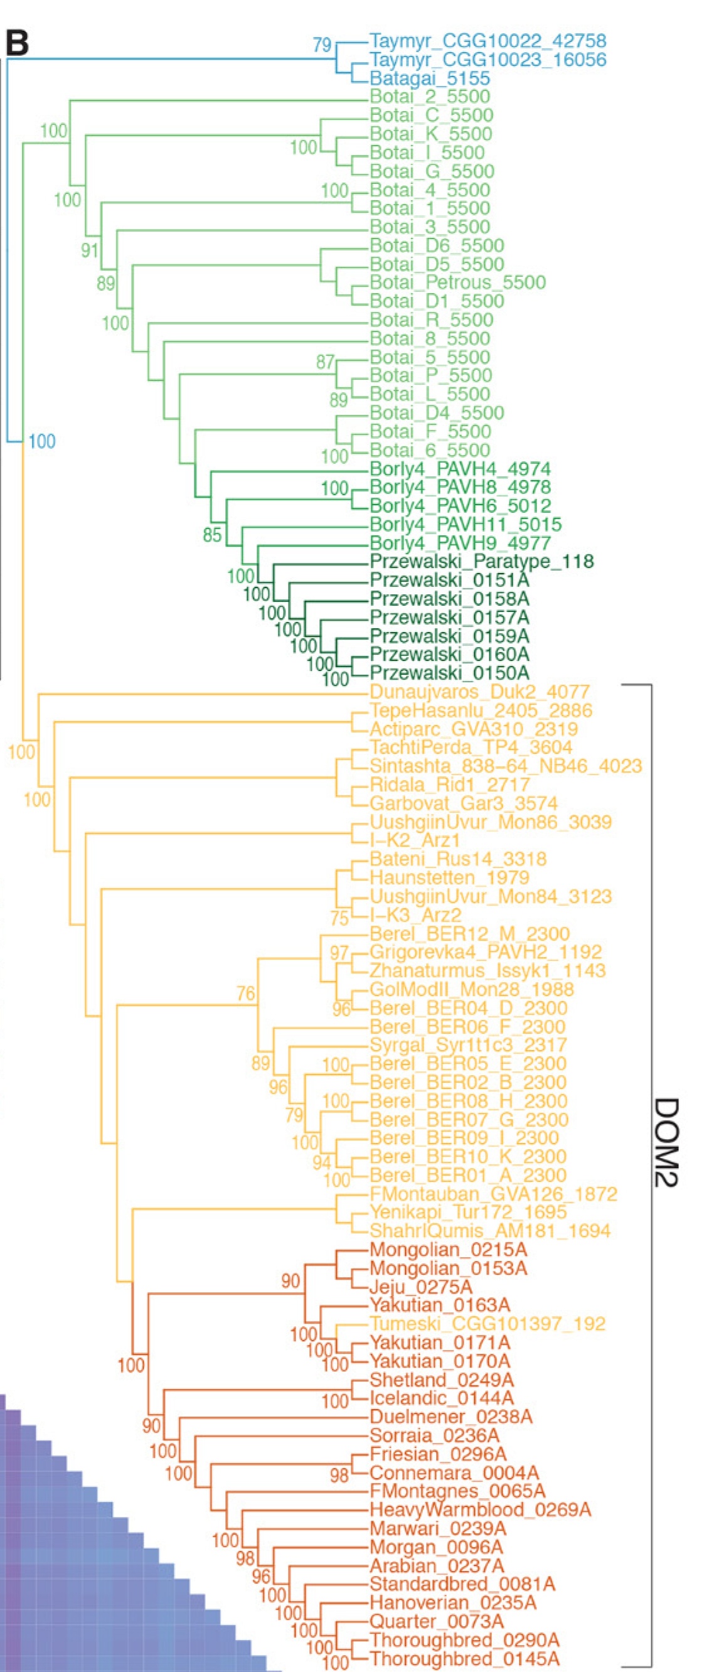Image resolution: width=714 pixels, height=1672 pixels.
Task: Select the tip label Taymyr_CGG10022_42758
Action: point(488,41)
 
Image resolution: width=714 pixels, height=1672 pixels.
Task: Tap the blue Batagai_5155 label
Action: point(430,78)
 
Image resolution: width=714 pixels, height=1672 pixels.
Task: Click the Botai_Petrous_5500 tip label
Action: point(457,282)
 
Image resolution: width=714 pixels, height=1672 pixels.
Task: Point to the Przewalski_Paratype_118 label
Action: point(482,562)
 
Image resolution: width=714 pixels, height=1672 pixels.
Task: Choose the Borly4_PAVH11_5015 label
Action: point(466,525)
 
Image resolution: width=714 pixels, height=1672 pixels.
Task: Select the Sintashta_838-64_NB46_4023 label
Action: point(506,766)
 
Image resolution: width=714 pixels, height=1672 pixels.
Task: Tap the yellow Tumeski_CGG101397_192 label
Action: point(487,1324)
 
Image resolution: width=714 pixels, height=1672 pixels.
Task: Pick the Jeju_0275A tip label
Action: point(420,1287)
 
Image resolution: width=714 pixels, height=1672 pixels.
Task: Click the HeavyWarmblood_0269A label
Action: point(481,1509)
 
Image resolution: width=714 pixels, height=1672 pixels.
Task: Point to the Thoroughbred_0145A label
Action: point(464,1659)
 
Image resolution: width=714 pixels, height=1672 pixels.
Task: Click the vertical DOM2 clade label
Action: point(666,1142)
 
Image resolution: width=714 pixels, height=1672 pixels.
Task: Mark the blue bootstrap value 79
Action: point(322,44)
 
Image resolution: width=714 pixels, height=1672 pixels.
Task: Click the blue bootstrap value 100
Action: point(41,441)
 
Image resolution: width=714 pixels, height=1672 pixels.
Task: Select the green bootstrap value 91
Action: point(90,250)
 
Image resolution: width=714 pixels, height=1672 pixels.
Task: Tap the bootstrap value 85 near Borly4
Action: point(212,535)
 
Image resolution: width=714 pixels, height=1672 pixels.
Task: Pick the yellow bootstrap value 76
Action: point(245,993)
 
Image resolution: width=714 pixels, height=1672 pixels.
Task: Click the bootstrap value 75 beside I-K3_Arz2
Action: point(339,918)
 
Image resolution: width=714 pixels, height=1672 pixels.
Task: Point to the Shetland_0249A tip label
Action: point(441,1380)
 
